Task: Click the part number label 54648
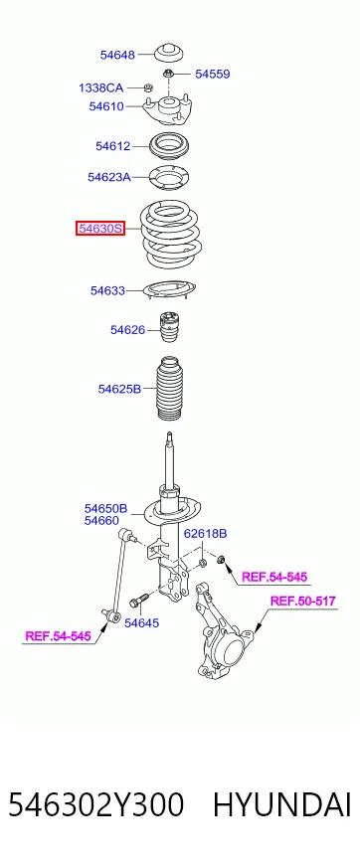click(117, 55)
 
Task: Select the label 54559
click(213, 75)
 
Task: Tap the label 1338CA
click(100, 87)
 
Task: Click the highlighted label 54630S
click(100, 228)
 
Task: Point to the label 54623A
click(109, 178)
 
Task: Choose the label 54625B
click(119, 389)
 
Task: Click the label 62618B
click(205, 534)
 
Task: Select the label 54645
click(141, 623)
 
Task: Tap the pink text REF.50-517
click(302, 602)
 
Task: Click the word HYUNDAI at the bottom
click(282, 805)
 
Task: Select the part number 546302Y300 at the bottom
click(95, 805)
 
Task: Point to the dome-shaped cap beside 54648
click(169, 53)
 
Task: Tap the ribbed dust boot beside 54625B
click(169, 390)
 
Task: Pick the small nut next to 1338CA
click(147, 87)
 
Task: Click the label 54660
click(101, 520)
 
